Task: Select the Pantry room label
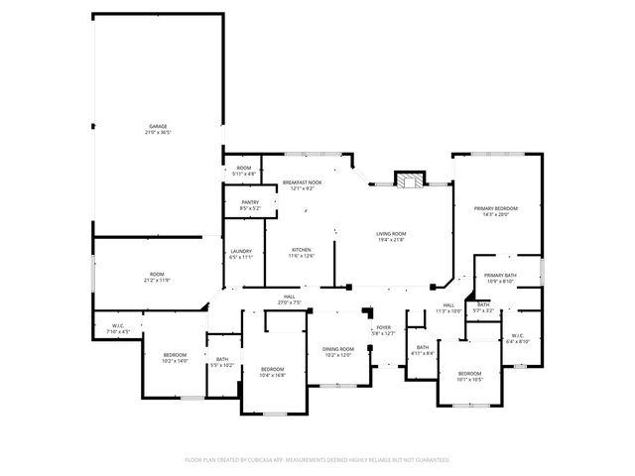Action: tap(250, 205)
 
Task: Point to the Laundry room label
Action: tap(241, 254)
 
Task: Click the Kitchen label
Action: tap(302, 252)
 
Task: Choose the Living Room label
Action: tap(391, 236)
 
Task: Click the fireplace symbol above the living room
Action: tap(408, 179)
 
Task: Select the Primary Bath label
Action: tap(500, 278)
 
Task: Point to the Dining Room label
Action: tap(337, 351)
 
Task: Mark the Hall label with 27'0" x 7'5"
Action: tap(289, 299)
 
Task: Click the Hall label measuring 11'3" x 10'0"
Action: tap(448, 307)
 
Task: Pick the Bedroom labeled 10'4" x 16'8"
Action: tap(272, 372)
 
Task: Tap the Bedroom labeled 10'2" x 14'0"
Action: tap(175, 358)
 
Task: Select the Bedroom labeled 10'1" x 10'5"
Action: tap(469, 376)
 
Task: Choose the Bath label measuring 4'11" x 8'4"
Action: tap(422, 349)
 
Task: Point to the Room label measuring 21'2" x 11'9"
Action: tap(157, 277)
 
